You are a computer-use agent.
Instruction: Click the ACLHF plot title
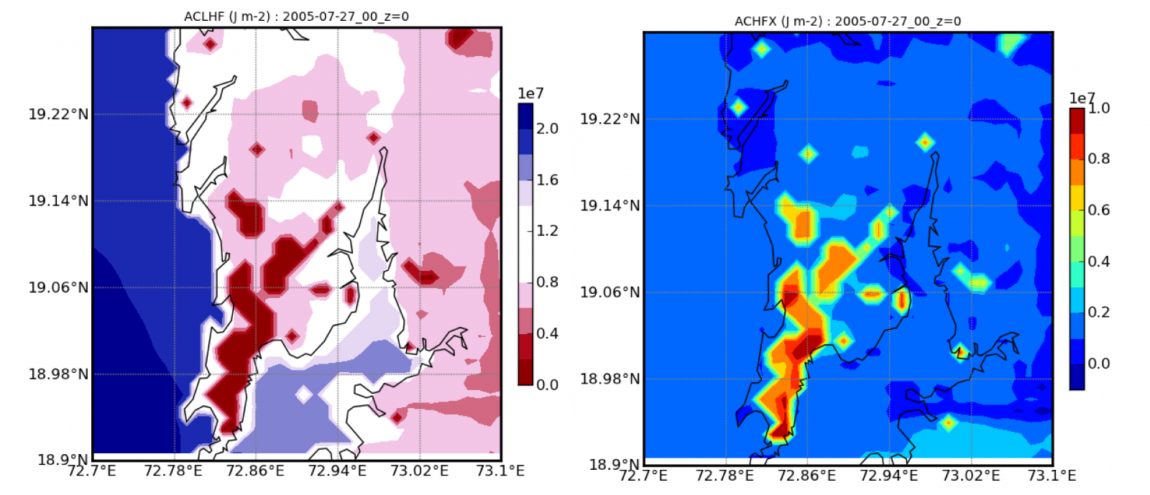click(296, 17)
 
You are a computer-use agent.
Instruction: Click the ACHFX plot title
click(847, 22)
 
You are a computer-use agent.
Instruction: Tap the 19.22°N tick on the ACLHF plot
click(59, 114)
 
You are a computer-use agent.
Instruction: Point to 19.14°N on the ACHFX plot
click(610, 205)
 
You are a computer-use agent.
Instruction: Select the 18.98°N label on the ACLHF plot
click(59, 374)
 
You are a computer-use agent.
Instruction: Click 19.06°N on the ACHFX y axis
click(610, 292)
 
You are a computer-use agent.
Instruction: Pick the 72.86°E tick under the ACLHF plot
click(255, 471)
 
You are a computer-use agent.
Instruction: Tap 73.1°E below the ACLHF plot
click(500, 471)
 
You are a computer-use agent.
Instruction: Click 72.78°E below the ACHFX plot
click(724, 476)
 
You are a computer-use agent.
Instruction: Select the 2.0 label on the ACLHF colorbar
click(548, 129)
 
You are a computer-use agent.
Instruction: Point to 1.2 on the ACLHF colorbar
click(548, 231)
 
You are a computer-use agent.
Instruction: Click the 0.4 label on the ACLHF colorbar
click(548, 333)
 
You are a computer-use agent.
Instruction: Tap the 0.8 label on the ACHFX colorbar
click(1099, 159)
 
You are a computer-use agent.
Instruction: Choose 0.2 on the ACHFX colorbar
click(1099, 313)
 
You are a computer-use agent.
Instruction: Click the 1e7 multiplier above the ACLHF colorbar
click(530, 94)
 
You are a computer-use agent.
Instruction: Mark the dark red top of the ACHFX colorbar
click(1077, 119)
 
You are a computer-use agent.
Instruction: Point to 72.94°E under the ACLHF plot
click(337, 471)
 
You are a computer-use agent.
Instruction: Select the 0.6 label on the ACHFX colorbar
click(1099, 211)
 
